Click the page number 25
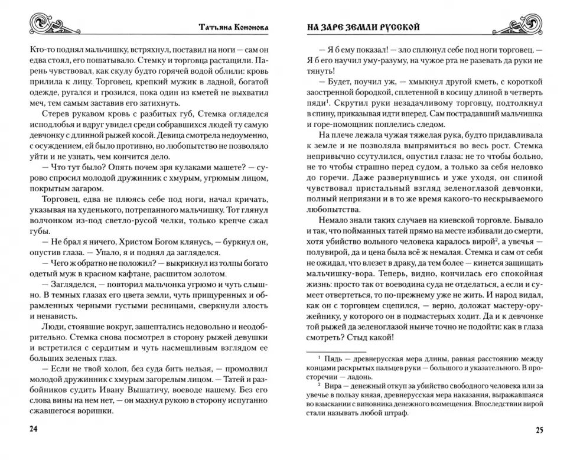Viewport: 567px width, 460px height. pos(539,429)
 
